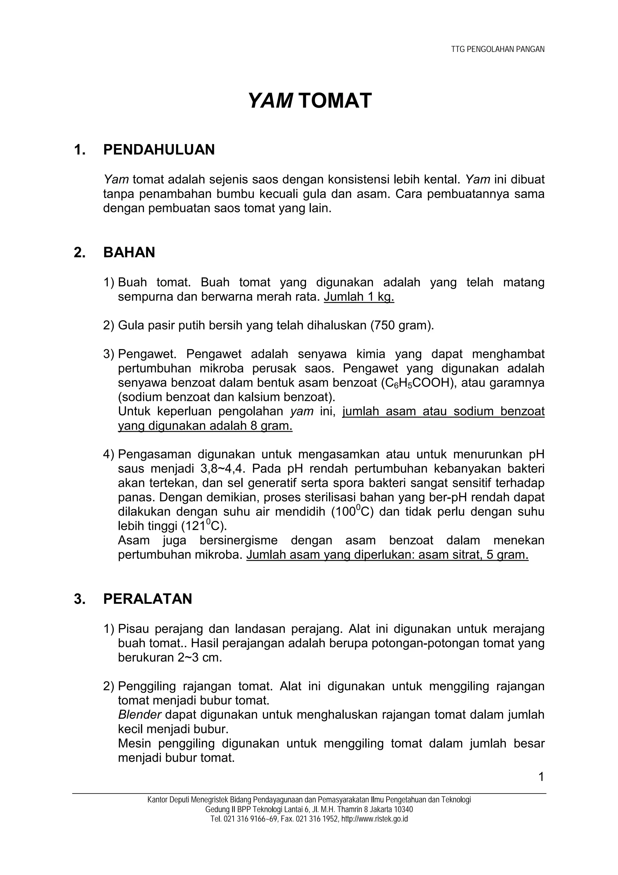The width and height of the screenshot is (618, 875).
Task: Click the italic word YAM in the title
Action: (x=270, y=101)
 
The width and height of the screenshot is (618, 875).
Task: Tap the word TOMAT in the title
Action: (x=335, y=101)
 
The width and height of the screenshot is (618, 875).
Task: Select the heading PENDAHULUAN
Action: (x=159, y=150)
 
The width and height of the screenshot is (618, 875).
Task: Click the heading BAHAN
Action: (x=129, y=253)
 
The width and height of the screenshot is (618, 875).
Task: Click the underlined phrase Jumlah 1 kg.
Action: (x=359, y=297)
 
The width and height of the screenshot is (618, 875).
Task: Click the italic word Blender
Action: (x=140, y=715)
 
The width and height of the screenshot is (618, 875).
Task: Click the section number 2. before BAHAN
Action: (x=80, y=253)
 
